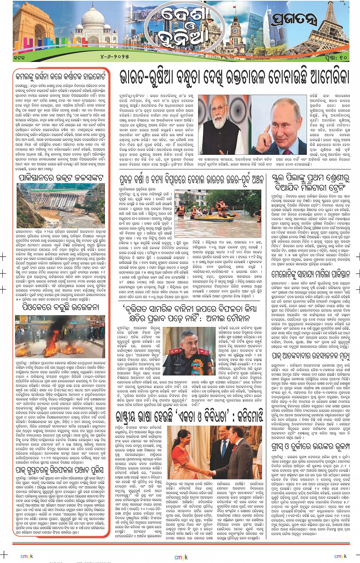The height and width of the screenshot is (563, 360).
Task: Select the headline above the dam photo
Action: coord(61,178)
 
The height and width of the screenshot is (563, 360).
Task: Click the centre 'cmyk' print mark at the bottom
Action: coord(181,557)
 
